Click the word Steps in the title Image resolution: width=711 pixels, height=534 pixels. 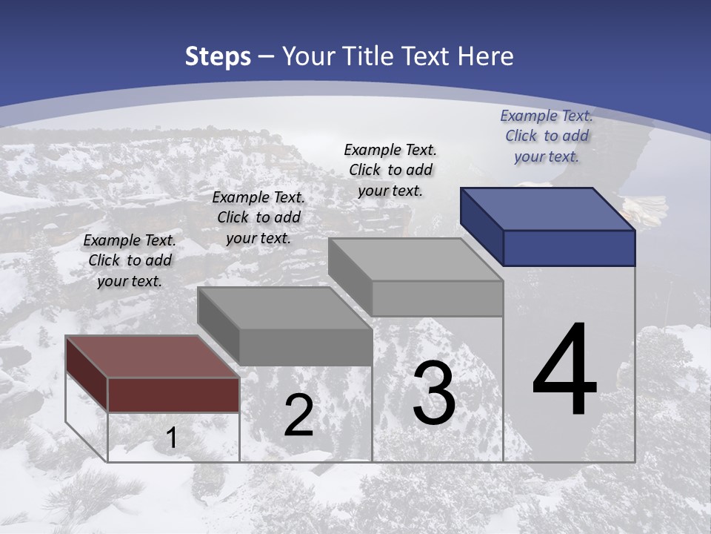(x=218, y=56)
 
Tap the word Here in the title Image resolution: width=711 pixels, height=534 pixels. (x=485, y=56)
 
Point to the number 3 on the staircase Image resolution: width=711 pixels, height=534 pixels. (x=434, y=393)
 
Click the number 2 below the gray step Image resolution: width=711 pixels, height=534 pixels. (x=298, y=415)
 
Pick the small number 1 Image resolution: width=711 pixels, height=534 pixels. (x=171, y=438)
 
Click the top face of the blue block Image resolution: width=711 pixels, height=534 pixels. (x=548, y=209)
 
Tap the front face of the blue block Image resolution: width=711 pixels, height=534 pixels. (x=569, y=248)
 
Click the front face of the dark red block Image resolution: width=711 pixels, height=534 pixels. (x=173, y=395)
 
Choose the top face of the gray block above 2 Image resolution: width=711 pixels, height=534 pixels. (x=284, y=308)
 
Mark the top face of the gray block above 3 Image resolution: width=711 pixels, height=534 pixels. (x=415, y=260)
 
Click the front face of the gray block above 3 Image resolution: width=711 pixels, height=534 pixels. (x=437, y=298)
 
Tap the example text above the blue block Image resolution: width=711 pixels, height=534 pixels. (x=547, y=136)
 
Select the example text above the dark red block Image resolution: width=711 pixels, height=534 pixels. (x=130, y=261)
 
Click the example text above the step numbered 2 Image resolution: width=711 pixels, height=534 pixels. (x=258, y=218)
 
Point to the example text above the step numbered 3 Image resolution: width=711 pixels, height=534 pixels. (x=390, y=170)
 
